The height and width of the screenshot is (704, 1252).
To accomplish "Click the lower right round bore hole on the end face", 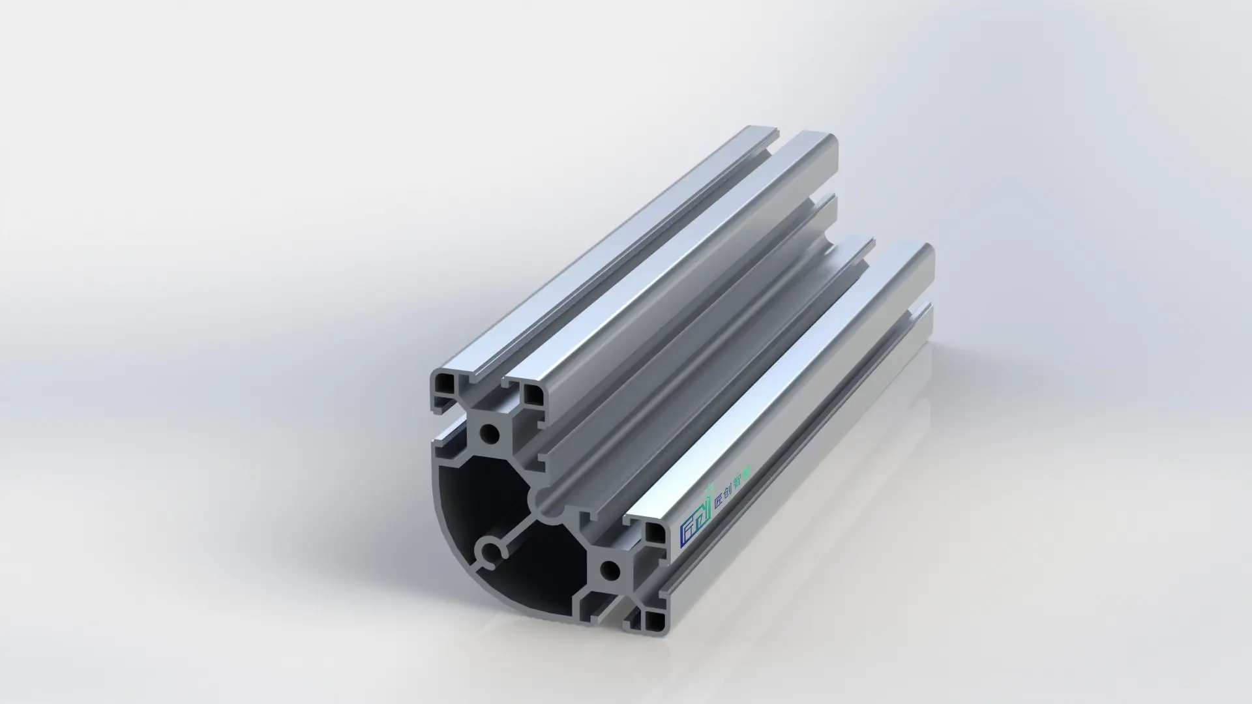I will [x=610, y=571].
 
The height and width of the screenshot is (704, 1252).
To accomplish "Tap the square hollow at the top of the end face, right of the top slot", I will [x=531, y=392].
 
